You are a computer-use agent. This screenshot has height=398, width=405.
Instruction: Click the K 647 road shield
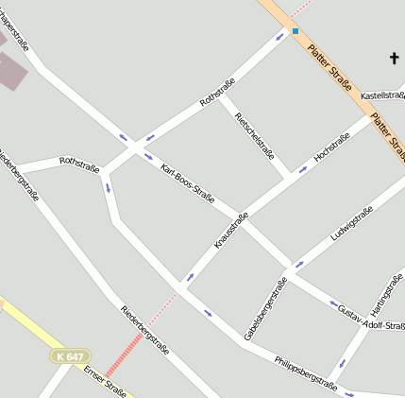[70, 356]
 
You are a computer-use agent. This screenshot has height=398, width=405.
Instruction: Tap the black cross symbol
[395, 59]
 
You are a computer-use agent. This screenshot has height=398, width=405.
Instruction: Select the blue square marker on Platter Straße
[295, 31]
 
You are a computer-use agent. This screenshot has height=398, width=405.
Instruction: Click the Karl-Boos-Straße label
[188, 184]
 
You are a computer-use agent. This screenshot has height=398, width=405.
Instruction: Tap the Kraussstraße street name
[231, 231]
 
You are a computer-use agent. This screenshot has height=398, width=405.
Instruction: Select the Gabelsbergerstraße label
[265, 309]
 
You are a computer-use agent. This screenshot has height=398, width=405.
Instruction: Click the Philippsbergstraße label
[305, 372]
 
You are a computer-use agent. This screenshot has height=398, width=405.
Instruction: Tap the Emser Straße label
[104, 380]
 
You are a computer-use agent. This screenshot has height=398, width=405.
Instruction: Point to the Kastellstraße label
[382, 95]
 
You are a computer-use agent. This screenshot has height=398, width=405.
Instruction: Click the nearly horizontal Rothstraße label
[79, 164]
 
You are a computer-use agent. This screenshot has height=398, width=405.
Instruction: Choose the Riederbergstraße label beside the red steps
[144, 329]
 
